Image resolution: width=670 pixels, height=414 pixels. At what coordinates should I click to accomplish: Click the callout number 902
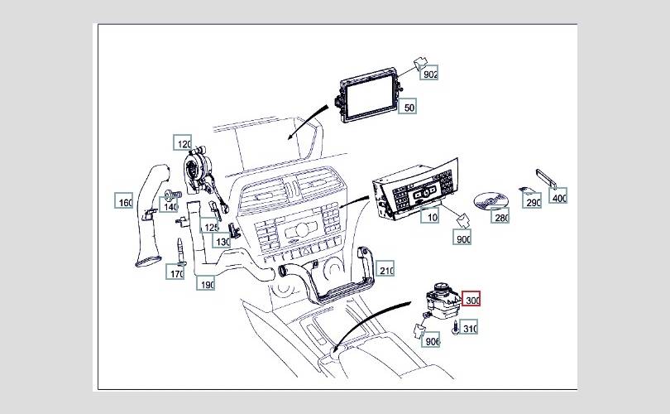(429, 75)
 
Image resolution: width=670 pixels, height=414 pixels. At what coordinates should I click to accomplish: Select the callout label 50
(409, 108)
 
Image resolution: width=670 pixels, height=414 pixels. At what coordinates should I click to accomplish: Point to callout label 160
(124, 202)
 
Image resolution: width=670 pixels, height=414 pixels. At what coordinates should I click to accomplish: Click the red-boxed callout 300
(471, 300)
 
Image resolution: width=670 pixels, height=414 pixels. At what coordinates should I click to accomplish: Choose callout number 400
(559, 198)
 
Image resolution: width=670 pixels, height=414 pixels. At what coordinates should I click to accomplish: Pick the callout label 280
(500, 217)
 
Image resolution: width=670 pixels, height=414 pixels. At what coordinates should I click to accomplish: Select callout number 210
(385, 270)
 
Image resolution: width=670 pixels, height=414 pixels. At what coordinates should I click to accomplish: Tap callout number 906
(432, 340)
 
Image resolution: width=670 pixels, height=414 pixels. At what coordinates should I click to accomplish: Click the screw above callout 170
(178, 248)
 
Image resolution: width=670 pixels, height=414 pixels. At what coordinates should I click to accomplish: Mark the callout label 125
(212, 227)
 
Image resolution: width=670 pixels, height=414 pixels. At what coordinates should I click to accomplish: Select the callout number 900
(463, 238)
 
